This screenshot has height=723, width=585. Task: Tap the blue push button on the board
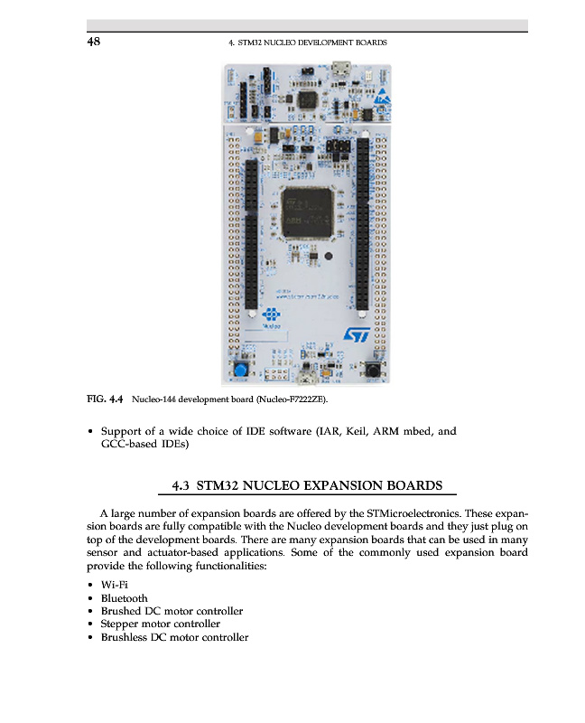[x=242, y=371]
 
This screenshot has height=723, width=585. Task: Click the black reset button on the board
[x=370, y=370]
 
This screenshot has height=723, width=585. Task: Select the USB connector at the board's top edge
[x=342, y=68]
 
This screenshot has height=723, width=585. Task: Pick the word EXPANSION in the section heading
[x=353, y=486]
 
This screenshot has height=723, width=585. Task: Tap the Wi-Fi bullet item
[x=115, y=586]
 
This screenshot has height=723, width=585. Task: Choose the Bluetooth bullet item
[x=124, y=598]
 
